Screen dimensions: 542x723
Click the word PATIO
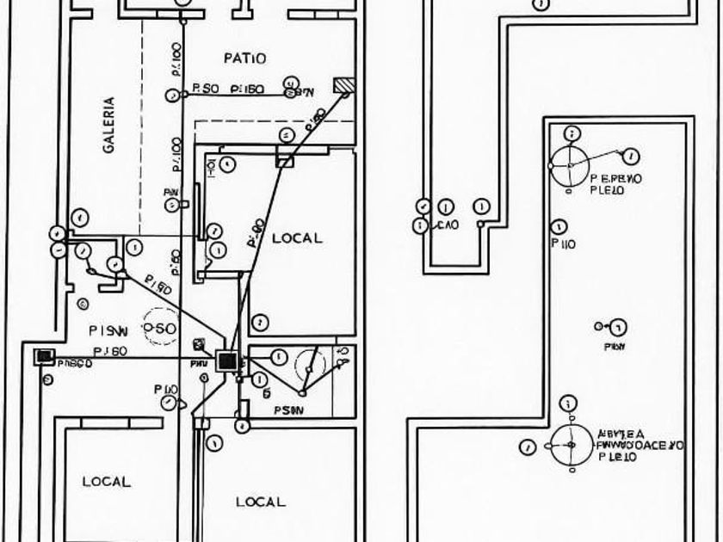pyautogui.click(x=244, y=59)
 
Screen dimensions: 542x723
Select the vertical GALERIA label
pyautogui.click(x=108, y=125)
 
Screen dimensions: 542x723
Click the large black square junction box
pyautogui.click(x=228, y=361)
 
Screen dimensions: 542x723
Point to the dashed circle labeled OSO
pyautogui.click(x=160, y=328)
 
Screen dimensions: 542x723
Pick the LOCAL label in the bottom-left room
pyautogui.click(x=107, y=482)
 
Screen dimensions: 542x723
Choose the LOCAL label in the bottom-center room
pyautogui.click(x=260, y=502)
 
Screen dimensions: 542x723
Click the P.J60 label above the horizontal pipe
pyautogui.click(x=110, y=350)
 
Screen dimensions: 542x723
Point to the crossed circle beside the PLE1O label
pyautogui.click(x=570, y=445)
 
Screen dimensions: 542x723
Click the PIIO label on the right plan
pyautogui.click(x=564, y=244)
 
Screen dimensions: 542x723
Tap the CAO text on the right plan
pyautogui.click(x=448, y=225)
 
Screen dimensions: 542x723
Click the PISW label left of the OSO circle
pyautogui.click(x=108, y=330)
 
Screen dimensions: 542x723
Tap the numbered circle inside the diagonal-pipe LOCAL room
pyautogui.click(x=260, y=323)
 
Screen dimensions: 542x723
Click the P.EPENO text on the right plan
pyautogui.click(x=617, y=180)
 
